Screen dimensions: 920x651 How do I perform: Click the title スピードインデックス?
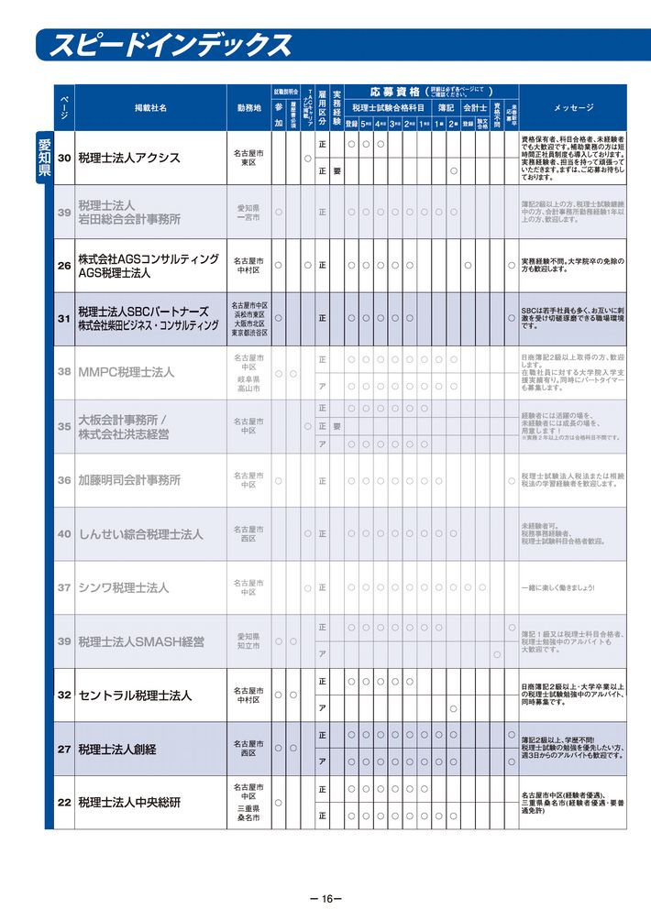(171, 45)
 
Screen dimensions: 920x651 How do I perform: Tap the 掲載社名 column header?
(150, 108)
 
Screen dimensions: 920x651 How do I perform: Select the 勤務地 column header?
(248, 108)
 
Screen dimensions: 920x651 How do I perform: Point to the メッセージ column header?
(574, 108)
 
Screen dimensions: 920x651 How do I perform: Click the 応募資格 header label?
(395, 92)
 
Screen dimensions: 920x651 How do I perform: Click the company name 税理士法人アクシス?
(129, 159)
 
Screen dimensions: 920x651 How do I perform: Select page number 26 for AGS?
(64, 266)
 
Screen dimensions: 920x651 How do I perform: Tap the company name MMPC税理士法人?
(126, 373)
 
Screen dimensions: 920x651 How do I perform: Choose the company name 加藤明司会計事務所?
(129, 480)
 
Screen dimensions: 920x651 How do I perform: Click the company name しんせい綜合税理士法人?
(140, 534)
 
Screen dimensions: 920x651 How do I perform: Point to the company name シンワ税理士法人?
(124, 587)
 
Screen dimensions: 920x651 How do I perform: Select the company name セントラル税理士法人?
(135, 695)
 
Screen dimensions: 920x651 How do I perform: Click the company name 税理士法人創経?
(117, 750)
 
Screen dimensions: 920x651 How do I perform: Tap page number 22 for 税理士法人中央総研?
(64, 803)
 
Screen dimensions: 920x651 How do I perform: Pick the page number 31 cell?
(64, 319)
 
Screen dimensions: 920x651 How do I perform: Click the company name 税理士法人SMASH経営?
(141, 641)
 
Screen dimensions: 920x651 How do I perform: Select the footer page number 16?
(325, 899)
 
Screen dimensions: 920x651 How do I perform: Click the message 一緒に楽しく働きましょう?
(557, 587)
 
